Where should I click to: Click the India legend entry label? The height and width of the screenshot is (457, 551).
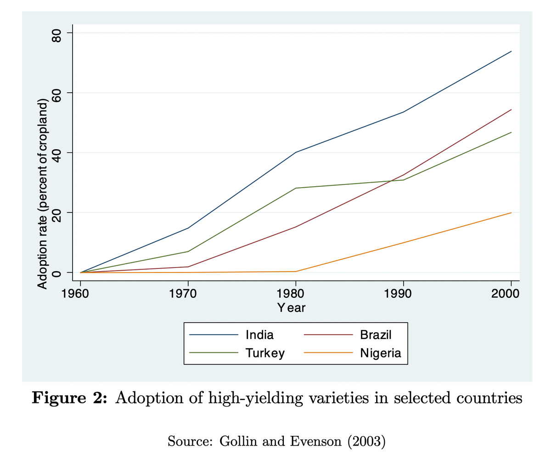tap(259, 334)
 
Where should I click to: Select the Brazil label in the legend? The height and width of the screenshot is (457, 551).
tap(376, 334)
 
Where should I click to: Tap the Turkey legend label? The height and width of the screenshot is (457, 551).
tap(265, 353)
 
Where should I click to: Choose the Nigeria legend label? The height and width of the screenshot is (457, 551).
tap(381, 353)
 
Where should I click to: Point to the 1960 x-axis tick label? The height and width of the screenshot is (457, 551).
tap(80, 294)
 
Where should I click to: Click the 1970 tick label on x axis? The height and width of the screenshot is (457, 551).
tap(188, 294)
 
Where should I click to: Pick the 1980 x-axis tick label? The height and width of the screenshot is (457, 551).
tap(295, 294)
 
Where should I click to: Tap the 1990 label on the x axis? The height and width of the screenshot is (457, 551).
tap(403, 294)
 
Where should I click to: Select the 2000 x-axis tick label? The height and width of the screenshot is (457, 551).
tap(511, 294)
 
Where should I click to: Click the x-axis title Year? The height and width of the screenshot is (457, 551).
tap(291, 308)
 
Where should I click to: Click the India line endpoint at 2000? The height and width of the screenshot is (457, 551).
tap(511, 51)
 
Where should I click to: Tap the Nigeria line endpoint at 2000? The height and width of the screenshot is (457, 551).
tap(511, 213)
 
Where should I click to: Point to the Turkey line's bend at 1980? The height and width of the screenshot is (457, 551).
tap(295, 188)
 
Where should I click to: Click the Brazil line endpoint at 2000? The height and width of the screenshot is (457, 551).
tap(511, 110)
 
